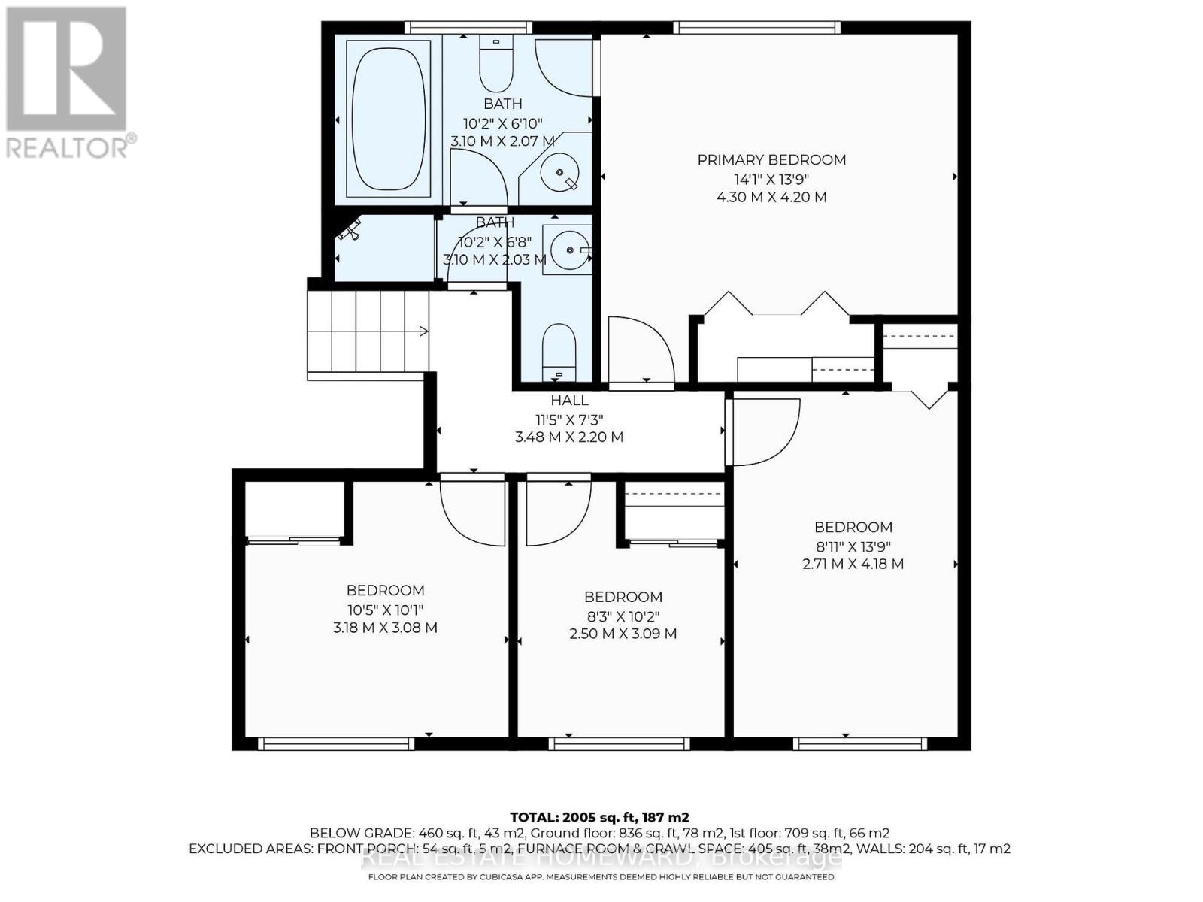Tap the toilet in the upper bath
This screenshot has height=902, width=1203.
pos(495,66)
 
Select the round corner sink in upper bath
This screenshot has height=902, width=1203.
pos(559,172)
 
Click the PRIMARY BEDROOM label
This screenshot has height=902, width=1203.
pos(771,159)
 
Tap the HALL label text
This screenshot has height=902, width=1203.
pos(569,401)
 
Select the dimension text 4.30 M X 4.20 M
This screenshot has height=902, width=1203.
pos(771,197)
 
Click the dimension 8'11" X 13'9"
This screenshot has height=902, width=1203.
pos(853,546)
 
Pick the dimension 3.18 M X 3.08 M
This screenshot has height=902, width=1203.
pos(385,628)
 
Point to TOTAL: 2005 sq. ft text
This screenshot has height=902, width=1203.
pos(599,817)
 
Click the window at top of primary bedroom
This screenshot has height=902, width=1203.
pos(756,28)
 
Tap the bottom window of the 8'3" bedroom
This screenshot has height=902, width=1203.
pos(619,744)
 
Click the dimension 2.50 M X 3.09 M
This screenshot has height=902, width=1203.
pos(623,634)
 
